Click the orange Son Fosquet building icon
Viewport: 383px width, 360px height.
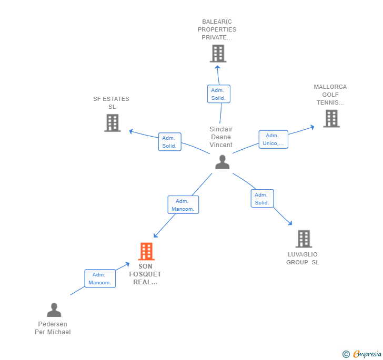pos(146,251)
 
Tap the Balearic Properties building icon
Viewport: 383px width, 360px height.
pos(218,54)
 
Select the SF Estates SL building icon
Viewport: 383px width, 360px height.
pos(113,123)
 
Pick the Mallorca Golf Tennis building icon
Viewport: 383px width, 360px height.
pos(331,118)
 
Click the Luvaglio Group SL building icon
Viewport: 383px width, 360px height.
pos(304,239)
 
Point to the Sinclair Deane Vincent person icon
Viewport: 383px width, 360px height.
pos(222,162)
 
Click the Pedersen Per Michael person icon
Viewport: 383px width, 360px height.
pos(54,310)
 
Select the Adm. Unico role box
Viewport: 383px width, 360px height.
pos(274,139)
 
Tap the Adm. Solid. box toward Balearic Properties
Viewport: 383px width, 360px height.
pos(219,94)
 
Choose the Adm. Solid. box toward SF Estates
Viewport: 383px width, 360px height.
pos(170,142)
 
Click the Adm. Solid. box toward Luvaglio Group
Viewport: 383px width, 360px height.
pos(262,199)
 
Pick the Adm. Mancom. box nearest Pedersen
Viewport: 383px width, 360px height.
pos(100,279)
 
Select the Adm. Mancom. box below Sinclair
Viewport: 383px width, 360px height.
pos(183,205)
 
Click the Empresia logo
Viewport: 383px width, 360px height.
pos(367,354)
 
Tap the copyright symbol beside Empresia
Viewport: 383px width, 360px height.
pos(346,354)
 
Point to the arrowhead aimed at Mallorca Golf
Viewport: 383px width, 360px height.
pos(313,127)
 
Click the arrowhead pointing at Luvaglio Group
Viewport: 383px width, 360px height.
pos(290,223)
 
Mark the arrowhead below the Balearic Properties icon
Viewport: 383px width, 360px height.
pos(217,67)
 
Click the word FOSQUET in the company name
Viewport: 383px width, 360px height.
pos(145,274)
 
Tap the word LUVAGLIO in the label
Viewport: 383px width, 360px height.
pos(303,254)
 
